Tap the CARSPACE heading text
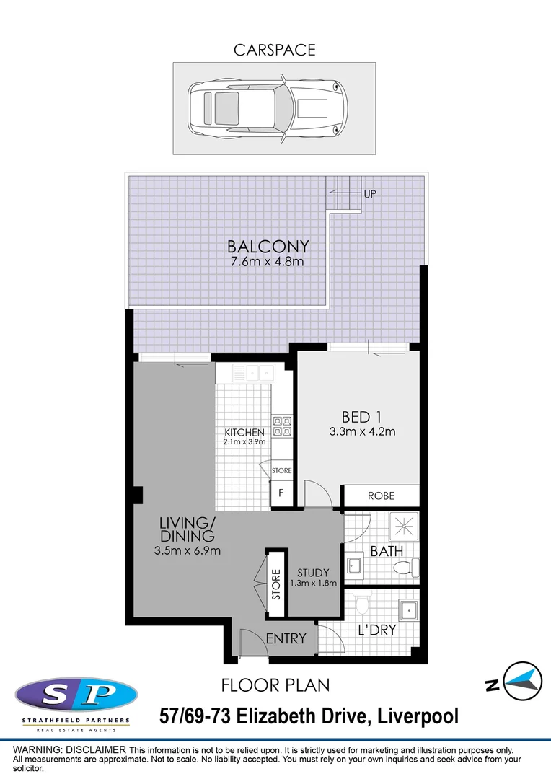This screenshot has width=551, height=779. tap(274, 50)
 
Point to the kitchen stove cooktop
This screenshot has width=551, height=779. tap(281, 426)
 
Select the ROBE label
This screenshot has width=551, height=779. tap(380, 496)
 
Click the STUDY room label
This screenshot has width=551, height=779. tap(313, 573)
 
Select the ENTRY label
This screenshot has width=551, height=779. tap(286, 638)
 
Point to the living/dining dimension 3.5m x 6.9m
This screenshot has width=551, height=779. tap(187, 551)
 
